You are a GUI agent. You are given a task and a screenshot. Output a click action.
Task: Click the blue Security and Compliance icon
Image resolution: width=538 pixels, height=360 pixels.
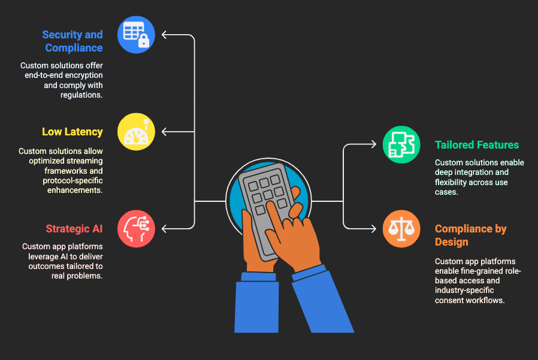point(136,35)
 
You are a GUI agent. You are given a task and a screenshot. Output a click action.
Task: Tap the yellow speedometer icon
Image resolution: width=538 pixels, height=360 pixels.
point(136,132)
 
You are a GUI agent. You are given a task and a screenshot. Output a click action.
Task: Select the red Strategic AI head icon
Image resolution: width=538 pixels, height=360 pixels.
point(136,229)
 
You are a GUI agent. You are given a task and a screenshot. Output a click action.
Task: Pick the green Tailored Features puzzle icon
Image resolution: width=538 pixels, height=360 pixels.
point(401,144)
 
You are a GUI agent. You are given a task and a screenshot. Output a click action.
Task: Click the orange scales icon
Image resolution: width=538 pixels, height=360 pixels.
point(401,229)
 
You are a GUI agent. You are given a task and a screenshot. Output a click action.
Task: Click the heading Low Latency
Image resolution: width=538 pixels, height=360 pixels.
point(72,132)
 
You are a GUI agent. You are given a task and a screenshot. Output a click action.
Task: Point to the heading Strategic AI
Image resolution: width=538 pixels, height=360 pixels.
point(74,229)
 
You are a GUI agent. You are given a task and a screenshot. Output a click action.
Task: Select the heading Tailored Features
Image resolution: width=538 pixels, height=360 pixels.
point(477,145)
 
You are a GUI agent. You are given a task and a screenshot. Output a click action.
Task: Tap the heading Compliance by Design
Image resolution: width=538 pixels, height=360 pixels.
point(471,235)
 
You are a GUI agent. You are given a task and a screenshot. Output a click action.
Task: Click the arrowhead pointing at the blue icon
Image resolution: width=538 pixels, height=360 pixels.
point(164,35)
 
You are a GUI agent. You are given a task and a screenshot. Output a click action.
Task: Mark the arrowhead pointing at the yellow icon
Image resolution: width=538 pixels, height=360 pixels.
point(164,132)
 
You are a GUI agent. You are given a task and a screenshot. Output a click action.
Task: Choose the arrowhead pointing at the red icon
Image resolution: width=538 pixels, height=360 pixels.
point(164,229)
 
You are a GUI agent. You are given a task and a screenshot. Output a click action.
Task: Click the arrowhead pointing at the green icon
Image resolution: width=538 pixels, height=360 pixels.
point(374,144)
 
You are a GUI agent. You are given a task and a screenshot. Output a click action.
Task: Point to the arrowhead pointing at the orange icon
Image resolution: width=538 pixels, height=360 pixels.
point(374,229)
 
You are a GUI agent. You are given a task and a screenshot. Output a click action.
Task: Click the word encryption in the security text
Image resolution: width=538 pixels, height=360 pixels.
point(84,75)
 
